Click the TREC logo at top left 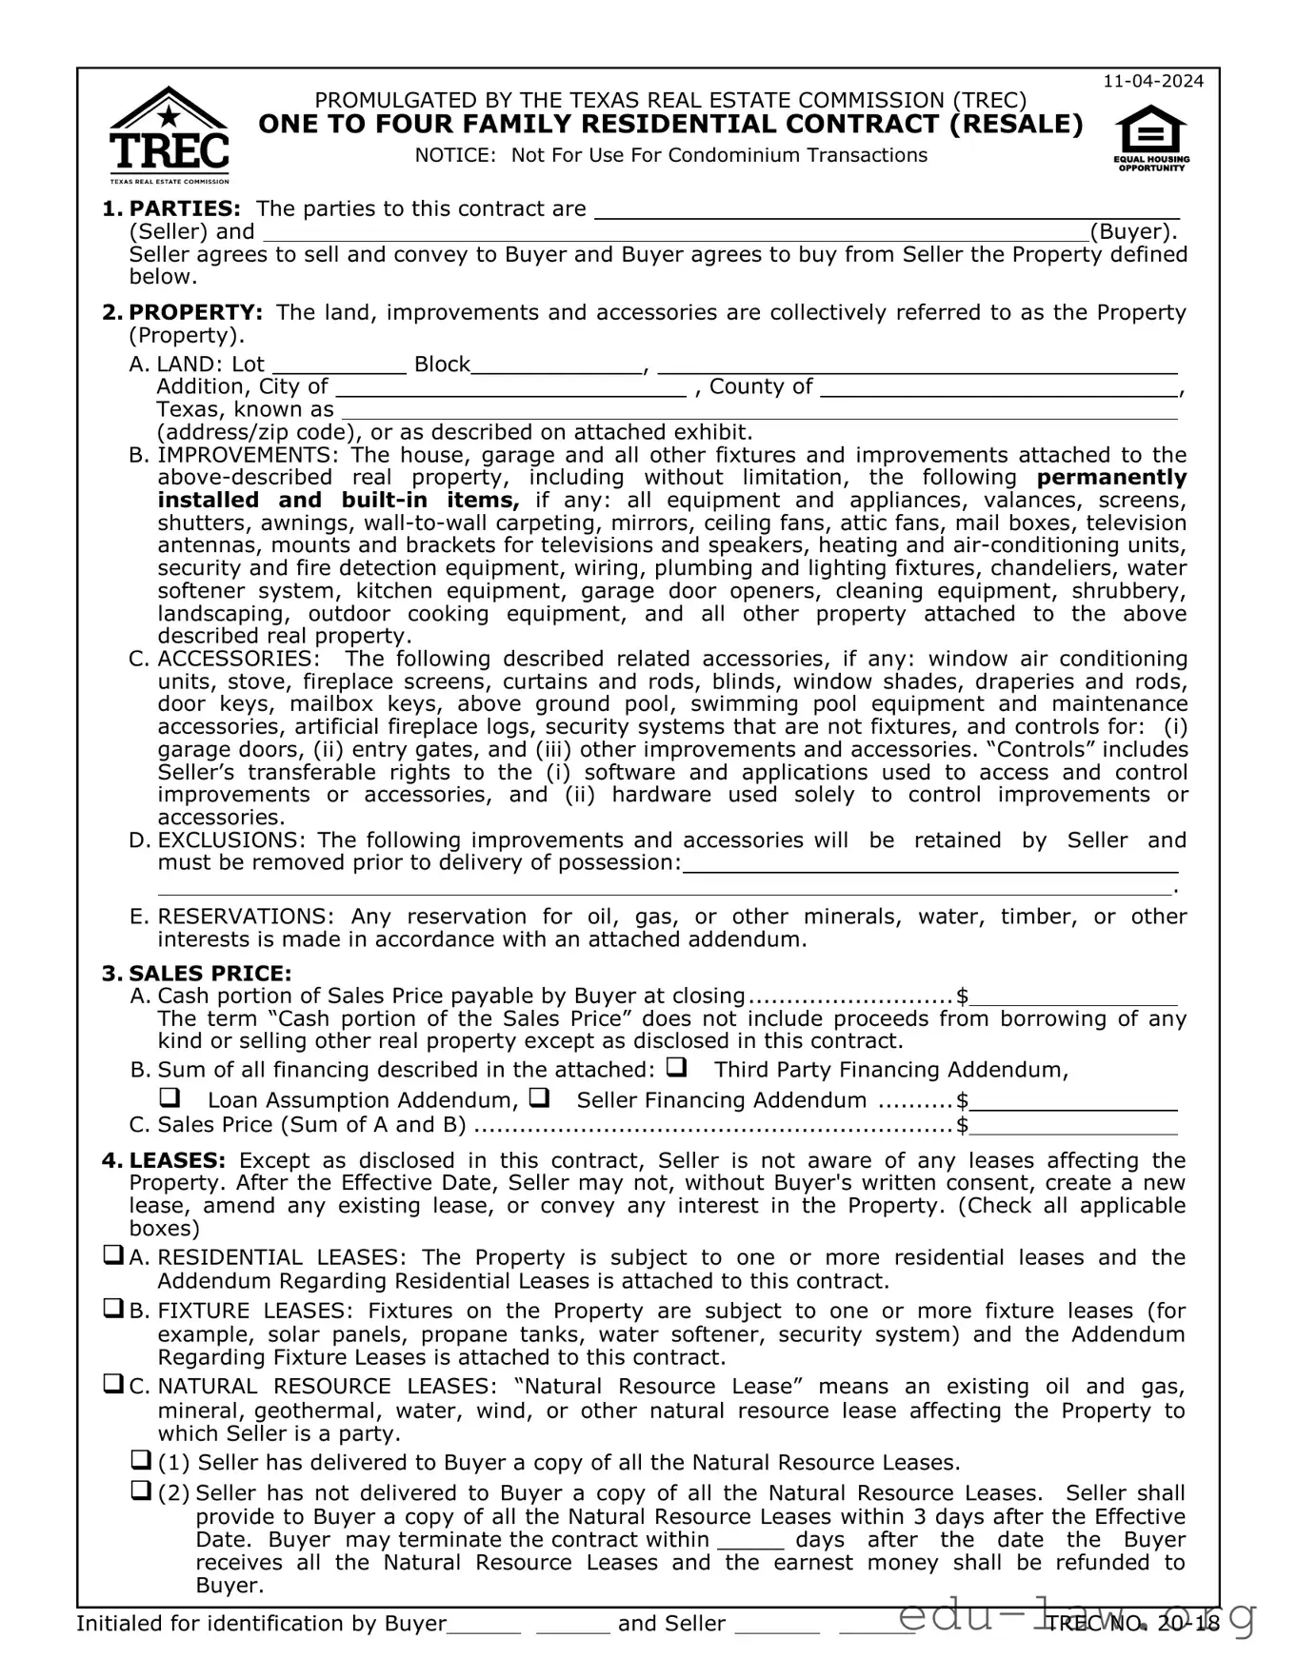(169, 135)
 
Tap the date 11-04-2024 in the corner (1153, 81)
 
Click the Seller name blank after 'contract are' (887, 210)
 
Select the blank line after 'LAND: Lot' (340, 365)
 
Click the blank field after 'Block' (558, 365)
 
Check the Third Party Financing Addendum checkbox (676, 1067)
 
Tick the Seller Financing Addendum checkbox (538, 1097)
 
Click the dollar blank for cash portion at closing (1073, 997)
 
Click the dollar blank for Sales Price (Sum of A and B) (1073, 1127)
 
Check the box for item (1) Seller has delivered (141, 1460)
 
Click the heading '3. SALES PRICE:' (196, 974)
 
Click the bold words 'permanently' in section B (1111, 478)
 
